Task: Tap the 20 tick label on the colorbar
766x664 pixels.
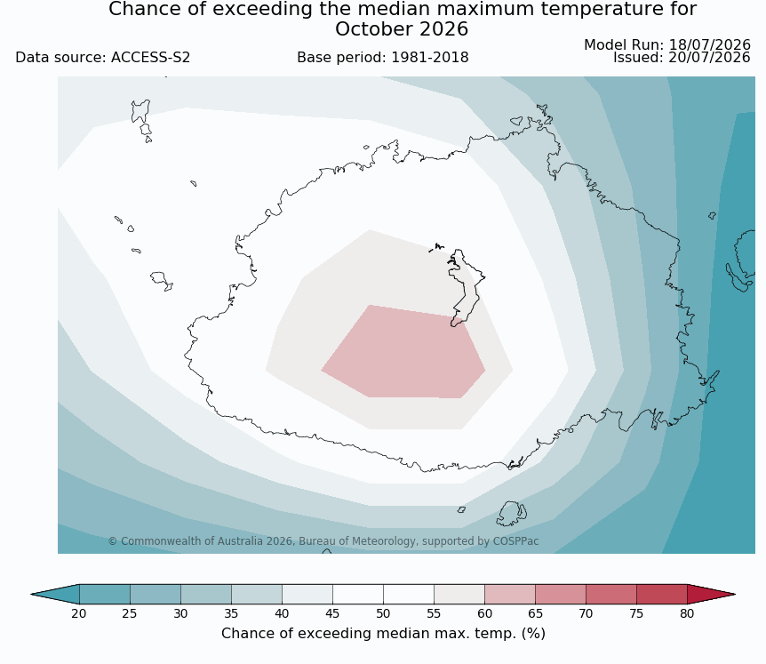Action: [79, 613]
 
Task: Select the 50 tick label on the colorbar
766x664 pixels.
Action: [383, 613]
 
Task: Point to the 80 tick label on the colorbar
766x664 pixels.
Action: [687, 613]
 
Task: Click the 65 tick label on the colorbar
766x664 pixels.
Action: [535, 613]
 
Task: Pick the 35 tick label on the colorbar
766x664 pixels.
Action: [231, 613]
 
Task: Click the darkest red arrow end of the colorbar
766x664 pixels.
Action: [711, 594]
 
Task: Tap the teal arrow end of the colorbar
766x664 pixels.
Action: [55, 594]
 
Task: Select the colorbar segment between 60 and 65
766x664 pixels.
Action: [509, 594]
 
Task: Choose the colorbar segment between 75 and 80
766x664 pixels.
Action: [661, 594]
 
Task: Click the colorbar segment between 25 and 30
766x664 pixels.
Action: [155, 594]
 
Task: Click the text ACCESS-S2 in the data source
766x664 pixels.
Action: [150, 58]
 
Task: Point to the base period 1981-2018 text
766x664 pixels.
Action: [382, 58]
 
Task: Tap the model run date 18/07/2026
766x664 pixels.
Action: [709, 45]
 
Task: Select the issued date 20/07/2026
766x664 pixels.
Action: [709, 58]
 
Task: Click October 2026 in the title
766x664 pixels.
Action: [402, 29]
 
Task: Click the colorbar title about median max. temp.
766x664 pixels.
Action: [383, 634]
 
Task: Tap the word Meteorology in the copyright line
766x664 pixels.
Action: [385, 541]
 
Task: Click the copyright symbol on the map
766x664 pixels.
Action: [112, 541]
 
